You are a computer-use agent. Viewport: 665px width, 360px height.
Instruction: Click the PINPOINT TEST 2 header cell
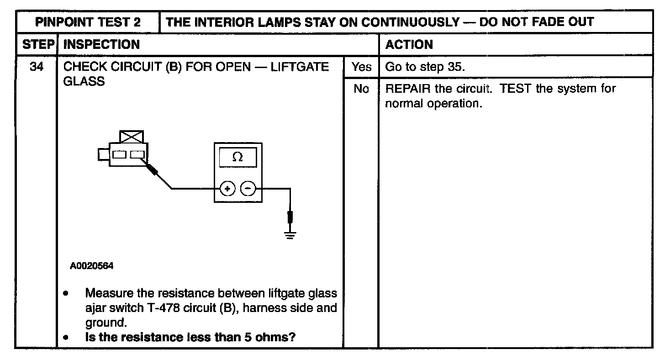(x=88, y=22)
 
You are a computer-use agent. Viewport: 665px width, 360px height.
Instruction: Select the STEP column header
(x=36, y=44)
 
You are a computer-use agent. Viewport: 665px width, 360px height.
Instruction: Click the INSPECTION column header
(x=102, y=44)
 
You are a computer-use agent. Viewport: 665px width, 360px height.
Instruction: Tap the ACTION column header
(x=409, y=44)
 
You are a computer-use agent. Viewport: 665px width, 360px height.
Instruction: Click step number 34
(x=36, y=67)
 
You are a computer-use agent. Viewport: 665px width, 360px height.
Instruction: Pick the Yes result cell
(x=361, y=67)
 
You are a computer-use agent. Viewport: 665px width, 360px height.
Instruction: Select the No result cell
(x=361, y=89)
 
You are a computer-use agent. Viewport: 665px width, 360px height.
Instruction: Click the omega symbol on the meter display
(x=237, y=157)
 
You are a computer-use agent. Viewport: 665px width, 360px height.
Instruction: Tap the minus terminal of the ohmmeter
(x=248, y=188)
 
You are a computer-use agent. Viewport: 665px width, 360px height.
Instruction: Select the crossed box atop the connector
(x=131, y=137)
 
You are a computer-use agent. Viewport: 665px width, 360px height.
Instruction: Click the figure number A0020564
(x=92, y=265)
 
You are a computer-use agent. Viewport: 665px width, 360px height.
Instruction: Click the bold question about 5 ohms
(x=190, y=338)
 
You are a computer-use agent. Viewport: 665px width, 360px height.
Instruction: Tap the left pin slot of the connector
(x=120, y=154)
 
